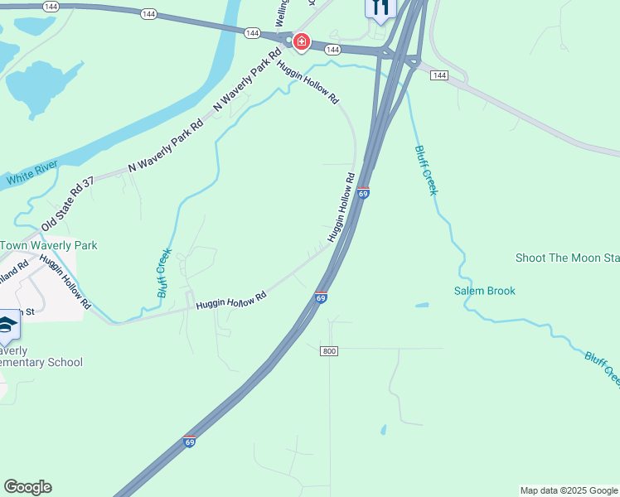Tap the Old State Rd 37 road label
tap(68, 203)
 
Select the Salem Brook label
tap(485, 291)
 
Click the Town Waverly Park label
tap(49, 245)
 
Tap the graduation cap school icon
tap(7, 326)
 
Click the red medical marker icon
tap(301, 41)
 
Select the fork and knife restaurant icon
tap(380, 7)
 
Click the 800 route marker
tap(329, 351)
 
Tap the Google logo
tap(27, 487)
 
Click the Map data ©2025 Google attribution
tap(569, 490)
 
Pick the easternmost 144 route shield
tap(439, 75)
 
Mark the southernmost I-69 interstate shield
tap(190, 442)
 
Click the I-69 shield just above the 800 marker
tap(321, 297)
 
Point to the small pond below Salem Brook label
tap(422, 306)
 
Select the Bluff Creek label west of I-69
tap(165, 273)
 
